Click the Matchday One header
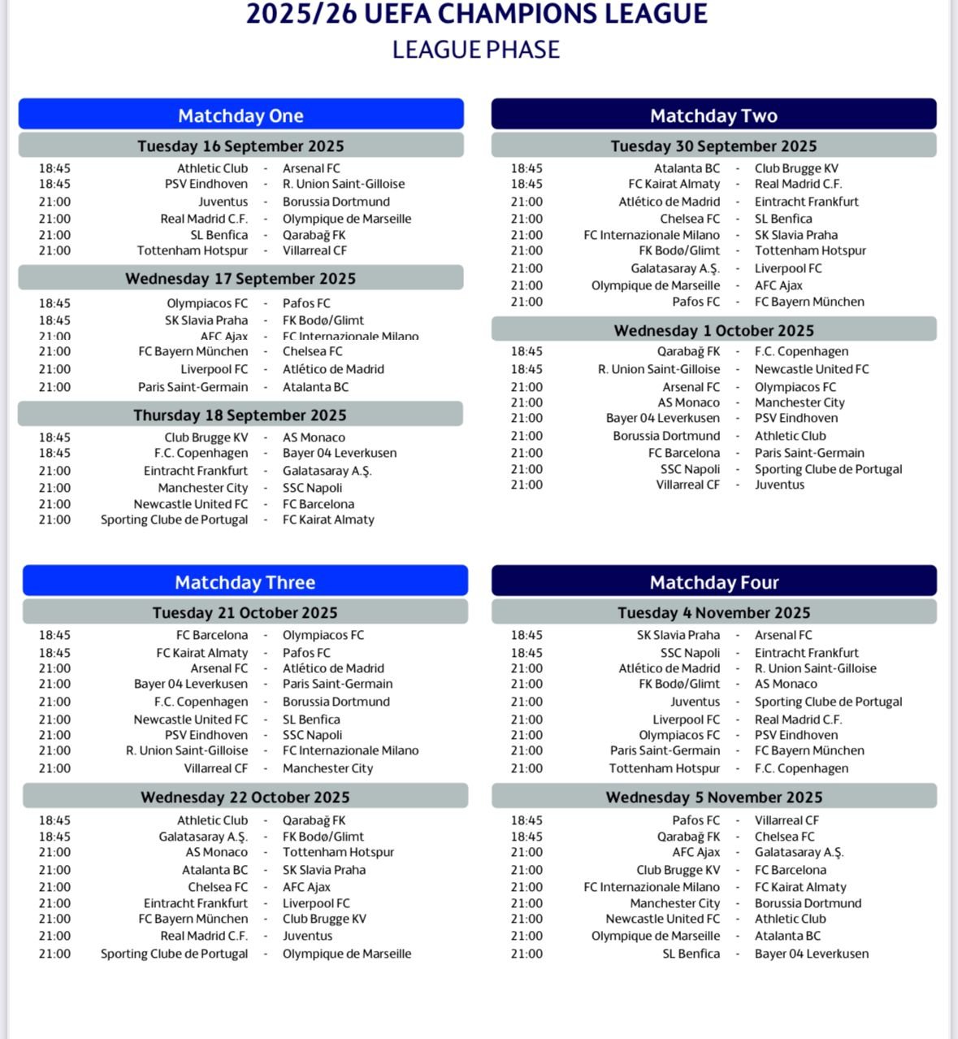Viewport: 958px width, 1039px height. coord(241,115)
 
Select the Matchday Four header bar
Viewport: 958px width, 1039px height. coord(713,582)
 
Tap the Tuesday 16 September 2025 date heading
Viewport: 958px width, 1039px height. coord(241,146)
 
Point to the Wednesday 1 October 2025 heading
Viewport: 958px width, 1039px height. coord(713,330)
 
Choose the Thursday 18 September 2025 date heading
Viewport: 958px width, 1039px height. coord(240,415)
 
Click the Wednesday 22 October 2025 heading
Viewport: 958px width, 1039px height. coord(245,797)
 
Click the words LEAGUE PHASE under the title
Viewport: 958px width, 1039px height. coord(475,50)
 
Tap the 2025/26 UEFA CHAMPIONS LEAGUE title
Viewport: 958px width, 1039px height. coord(477,14)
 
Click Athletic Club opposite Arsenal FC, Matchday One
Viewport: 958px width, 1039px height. coord(212,168)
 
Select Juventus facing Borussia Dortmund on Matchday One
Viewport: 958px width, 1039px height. coord(223,202)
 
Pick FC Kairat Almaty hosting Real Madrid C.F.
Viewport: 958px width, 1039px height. coord(674,184)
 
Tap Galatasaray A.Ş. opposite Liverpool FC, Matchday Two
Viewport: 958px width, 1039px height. coord(674,268)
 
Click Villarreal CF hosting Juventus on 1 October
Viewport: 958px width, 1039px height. coord(687,485)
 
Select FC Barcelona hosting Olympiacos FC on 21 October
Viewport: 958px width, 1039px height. coord(211,635)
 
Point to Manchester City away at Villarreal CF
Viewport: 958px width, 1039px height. coord(327,768)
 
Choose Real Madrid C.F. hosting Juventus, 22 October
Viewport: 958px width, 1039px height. coord(203,936)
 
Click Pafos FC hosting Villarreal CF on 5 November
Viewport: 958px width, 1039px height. coord(696,820)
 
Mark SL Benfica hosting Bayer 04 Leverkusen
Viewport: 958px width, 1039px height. coord(691,954)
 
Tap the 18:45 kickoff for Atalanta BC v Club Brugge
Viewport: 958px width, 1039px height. coord(527,168)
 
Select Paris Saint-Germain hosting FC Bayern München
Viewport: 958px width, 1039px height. coord(665,750)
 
